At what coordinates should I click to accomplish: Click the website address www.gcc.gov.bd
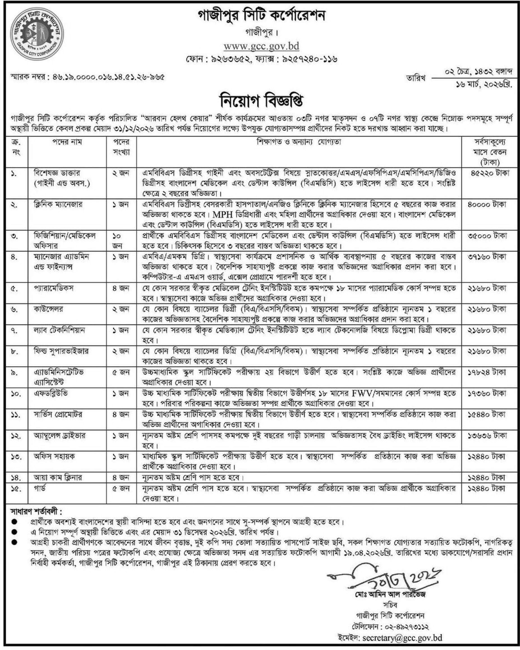(x=261, y=46)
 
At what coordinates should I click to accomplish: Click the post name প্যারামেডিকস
(x=54, y=288)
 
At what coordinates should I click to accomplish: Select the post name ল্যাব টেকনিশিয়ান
(x=59, y=330)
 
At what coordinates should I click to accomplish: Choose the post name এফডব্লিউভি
(x=50, y=394)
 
